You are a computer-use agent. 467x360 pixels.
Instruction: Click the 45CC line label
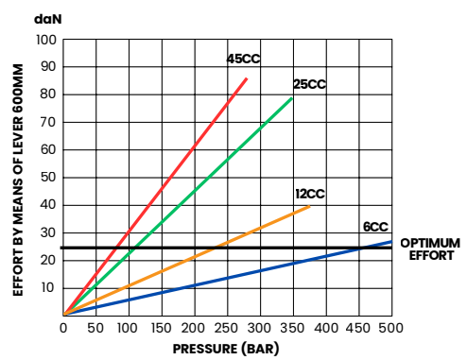pos(243,59)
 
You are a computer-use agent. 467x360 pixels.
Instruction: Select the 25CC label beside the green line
pos(309,84)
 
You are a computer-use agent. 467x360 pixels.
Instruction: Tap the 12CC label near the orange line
pos(309,194)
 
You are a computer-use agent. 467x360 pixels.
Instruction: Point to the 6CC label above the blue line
pos(375,227)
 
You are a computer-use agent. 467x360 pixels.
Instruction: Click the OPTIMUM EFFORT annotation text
pos(429,249)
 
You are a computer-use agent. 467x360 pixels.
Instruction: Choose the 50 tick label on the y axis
pos(48,177)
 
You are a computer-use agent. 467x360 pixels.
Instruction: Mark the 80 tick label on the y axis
pos(48,94)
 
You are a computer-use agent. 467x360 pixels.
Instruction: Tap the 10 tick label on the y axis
pos(48,287)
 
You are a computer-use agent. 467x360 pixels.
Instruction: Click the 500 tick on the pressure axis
pos(391,327)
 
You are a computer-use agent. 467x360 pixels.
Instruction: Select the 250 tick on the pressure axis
pos(227,327)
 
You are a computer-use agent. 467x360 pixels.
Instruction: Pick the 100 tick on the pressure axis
pos(129,327)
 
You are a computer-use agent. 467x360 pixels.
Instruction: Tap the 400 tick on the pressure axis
pos(325,327)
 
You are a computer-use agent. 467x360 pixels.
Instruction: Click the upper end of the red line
pos(247,78)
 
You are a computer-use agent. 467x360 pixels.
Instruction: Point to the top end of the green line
pos(292,97)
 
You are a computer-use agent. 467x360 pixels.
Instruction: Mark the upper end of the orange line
pos(309,206)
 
